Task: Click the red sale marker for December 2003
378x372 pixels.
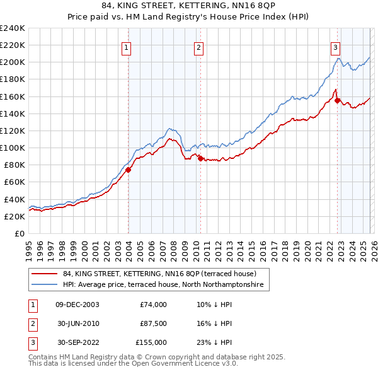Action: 128,170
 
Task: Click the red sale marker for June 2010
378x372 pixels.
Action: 200,158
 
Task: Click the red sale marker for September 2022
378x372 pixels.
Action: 337,100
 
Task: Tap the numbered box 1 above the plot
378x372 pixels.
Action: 127,47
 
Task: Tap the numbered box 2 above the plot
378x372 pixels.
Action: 198,47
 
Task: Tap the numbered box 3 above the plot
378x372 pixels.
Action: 335,47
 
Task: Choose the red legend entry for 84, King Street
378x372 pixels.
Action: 159,274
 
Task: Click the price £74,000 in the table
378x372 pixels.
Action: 153,305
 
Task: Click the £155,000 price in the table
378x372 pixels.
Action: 151,342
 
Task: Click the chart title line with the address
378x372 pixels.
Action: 189,6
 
